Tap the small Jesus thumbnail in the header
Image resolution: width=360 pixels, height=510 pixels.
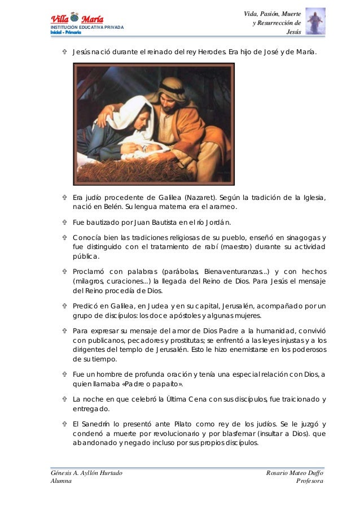click(315, 21)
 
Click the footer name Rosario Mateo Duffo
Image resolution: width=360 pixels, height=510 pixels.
click(295, 472)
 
